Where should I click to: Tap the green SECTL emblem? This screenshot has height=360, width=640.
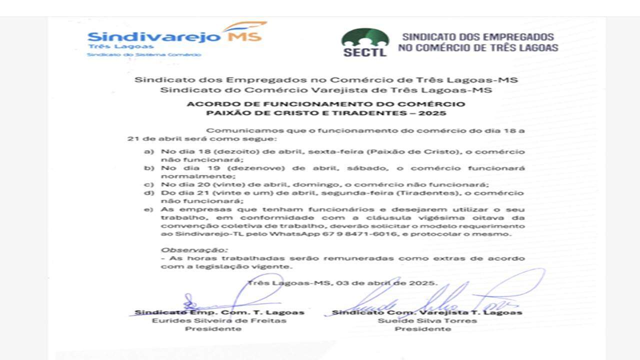pos(365,41)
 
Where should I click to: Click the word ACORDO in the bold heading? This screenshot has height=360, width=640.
pos(206,104)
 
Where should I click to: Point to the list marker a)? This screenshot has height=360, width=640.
pos(148,152)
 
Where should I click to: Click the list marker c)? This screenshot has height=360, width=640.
pos(148,185)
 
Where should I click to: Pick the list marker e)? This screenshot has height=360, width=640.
pos(148,209)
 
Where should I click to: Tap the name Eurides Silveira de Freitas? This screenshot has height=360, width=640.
pos(219,320)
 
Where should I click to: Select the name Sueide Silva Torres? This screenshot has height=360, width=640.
pos(427,320)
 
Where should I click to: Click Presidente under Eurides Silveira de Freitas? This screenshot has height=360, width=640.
pos(213,329)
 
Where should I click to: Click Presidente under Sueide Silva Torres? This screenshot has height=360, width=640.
pos(423,329)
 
